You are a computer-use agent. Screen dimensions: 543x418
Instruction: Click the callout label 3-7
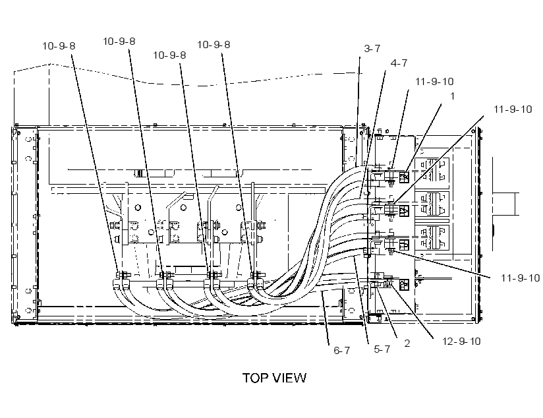(372, 49)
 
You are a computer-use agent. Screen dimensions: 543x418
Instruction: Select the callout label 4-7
(399, 63)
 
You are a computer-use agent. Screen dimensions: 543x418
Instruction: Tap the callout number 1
(452, 96)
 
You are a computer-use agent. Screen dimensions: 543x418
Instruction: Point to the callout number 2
(407, 343)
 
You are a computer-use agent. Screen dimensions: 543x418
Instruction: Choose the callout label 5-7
(382, 349)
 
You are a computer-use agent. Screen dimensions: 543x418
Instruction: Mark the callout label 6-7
(341, 350)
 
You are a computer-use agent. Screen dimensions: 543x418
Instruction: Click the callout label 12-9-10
(461, 342)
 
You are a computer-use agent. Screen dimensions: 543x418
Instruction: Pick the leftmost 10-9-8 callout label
(59, 46)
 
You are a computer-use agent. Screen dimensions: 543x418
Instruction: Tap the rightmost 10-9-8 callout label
(214, 45)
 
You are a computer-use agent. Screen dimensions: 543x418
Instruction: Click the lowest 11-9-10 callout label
(520, 278)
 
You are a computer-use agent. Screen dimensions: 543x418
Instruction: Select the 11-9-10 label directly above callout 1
(434, 82)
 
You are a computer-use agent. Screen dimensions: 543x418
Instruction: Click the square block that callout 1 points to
(404, 177)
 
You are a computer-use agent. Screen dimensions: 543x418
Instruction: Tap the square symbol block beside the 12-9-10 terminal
(404, 285)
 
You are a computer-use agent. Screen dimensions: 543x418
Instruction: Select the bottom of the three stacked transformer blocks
(432, 239)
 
